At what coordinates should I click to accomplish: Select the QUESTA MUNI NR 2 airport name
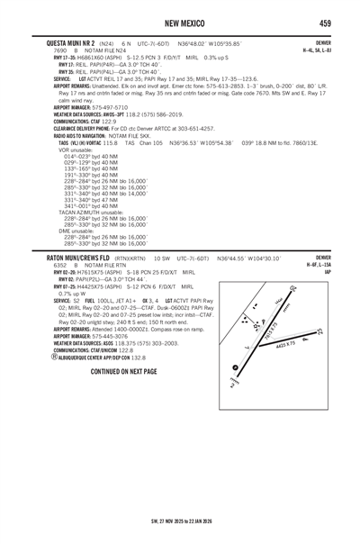pos(62,41)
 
